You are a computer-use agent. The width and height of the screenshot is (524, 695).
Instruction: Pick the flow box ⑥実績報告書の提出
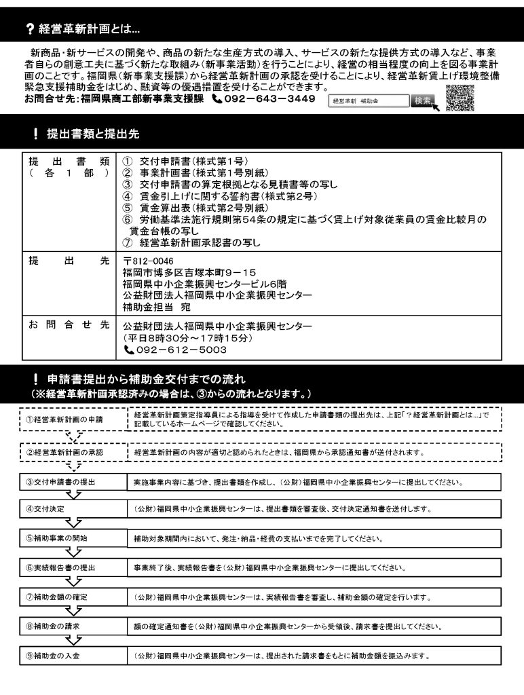[70, 567]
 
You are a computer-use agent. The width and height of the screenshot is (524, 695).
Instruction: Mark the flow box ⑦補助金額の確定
[70, 597]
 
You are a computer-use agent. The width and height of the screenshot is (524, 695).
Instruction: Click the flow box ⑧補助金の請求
[70, 626]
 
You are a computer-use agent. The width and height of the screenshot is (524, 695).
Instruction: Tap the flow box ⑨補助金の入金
[70, 656]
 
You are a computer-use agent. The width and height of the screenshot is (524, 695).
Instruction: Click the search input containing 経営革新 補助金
[367, 100]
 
